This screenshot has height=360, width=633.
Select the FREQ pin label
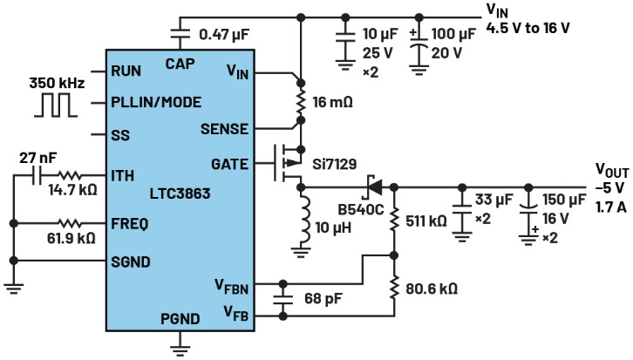(x=129, y=223)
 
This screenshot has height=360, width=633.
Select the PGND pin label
(x=180, y=319)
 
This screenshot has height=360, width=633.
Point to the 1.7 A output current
(x=610, y=206)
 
